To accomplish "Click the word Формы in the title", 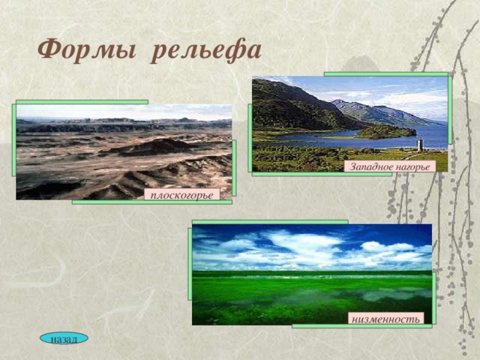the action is [x=87, y=49].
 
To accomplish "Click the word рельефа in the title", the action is [x=206, y=49].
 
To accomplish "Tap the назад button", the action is [x=64, y=338].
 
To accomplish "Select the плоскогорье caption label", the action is [x=181, y=195].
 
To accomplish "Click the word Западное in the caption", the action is [x=371, y=166].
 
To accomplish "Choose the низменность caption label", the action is [x=385, y=319].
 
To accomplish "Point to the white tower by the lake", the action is [x=420, y=145].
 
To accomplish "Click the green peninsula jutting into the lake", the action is [x=386, y=132].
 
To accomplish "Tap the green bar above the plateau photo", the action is [x=82, y=102].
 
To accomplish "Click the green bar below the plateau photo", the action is [x=152, y=202].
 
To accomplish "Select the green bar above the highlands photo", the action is [x=386, y=74].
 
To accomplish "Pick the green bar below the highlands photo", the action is [x=322, y=174].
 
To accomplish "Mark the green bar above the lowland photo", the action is [x=270, y=222].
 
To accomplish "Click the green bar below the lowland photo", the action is [x=362, y=326].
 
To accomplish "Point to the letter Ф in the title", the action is [x=50, y=49].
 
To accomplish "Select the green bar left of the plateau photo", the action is [x=14, y=140].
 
